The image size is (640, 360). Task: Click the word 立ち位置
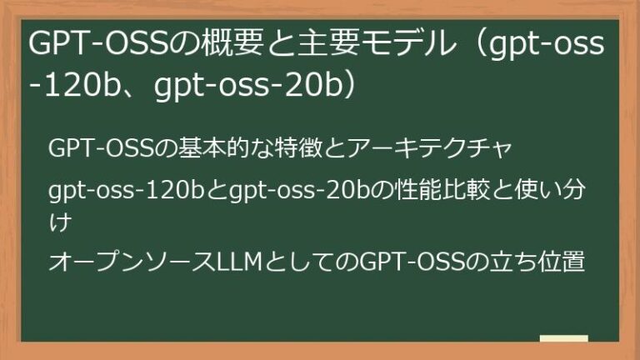coord(538,262)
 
